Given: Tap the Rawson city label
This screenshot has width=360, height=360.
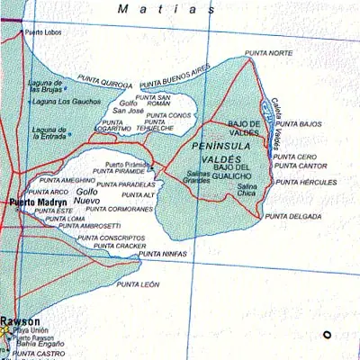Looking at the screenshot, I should tap(20, 320).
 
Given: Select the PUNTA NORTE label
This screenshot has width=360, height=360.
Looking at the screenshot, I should tap(269, 53).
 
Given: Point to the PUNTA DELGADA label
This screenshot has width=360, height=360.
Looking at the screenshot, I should tap(288, 216).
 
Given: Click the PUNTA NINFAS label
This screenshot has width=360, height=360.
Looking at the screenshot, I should tap(163, 255).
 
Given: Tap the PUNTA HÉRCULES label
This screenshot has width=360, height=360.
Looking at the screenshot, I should tap(306, 182).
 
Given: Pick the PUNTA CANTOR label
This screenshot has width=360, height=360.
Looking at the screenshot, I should tap(301, 166).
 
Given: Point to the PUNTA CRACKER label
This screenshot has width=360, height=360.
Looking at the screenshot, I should tap(119, 246).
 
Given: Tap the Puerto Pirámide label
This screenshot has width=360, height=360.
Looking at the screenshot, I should tap(126, 164).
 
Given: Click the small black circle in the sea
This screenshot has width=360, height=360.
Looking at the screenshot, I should tap(328, 335).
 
